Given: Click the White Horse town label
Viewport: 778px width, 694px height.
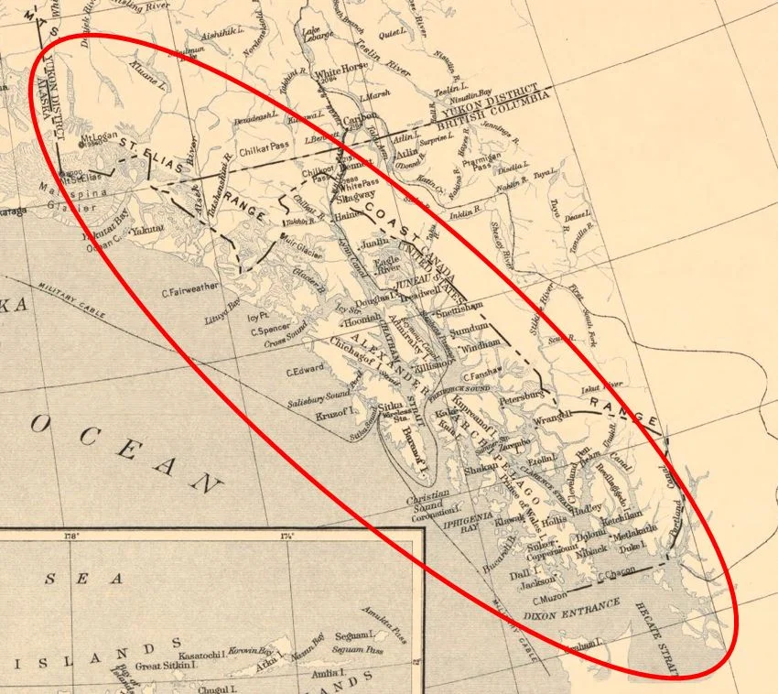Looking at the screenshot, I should (x=340, y=73).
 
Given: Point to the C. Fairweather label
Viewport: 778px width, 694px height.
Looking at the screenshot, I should (x=190, y=293).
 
